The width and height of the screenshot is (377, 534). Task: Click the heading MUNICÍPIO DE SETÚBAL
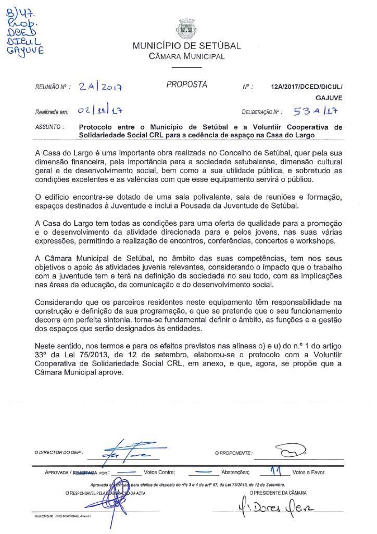tap(186, 46)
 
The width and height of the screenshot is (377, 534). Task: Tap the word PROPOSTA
tap(186, 84)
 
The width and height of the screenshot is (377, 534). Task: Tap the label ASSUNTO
tap(50, 127)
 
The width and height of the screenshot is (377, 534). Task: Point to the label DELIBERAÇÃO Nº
tap(262, 112)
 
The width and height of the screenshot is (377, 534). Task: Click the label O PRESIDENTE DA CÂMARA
tap(278, 492)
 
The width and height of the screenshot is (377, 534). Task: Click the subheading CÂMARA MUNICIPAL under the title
tap(186, 56)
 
